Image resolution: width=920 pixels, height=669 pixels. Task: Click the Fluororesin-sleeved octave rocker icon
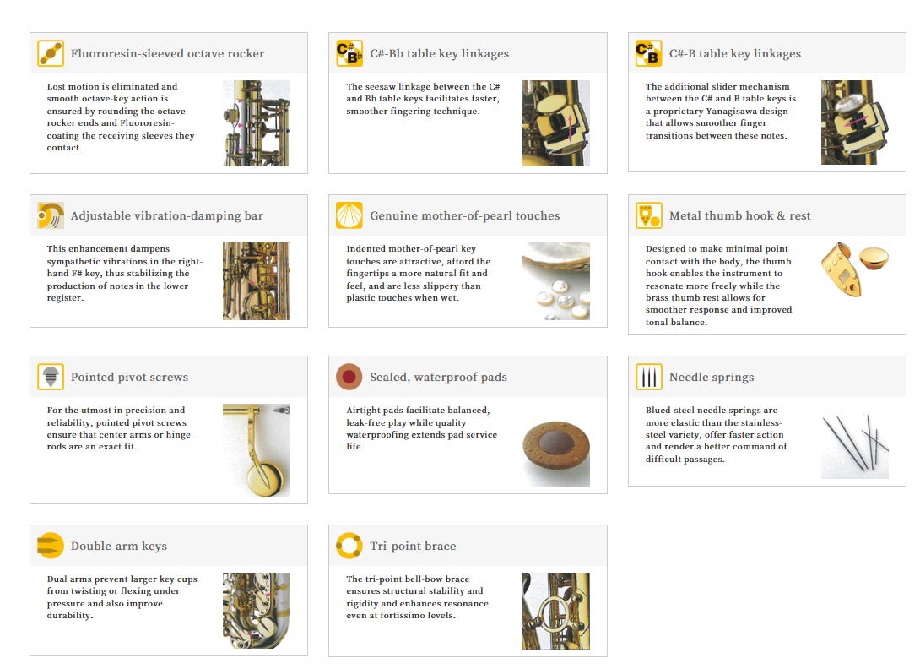point(51,53)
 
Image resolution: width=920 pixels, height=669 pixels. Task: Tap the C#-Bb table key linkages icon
point(349,53)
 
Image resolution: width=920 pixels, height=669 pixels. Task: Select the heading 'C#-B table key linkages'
point(734,53)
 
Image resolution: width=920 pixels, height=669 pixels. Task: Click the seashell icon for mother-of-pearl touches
point(349,215)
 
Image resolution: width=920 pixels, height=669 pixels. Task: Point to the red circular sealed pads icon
point(349,377)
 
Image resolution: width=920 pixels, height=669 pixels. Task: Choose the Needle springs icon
point(649,377)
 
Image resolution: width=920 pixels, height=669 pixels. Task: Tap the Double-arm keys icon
point(51,546)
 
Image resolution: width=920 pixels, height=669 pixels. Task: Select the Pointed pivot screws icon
point(51,377)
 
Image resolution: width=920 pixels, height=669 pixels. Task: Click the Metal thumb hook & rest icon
point(649,215)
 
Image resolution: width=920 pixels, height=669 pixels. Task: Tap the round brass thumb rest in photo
point(874,258)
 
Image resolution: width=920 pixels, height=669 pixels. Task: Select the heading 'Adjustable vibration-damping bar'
point(166,215)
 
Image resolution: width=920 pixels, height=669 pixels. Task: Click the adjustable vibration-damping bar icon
point(51,215)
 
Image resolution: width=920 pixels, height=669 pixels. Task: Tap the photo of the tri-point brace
point(555,611)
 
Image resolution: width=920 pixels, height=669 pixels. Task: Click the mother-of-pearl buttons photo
point(555,281)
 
